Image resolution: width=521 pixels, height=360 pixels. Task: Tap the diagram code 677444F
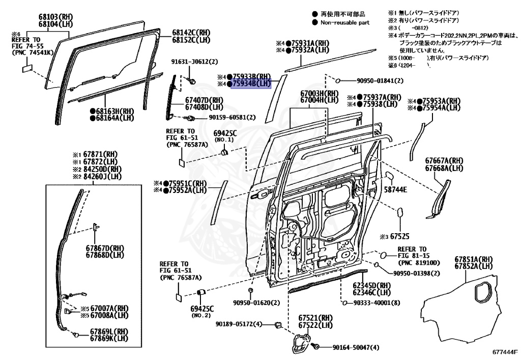point(504,352)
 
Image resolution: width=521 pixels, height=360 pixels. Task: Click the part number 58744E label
point(395,189)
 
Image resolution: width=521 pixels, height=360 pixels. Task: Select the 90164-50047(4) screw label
point(356,347)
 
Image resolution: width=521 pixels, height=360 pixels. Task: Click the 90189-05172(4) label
point(238,324)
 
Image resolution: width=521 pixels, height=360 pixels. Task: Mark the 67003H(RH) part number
point(319,94)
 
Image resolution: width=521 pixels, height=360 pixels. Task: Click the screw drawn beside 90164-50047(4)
point(315,346)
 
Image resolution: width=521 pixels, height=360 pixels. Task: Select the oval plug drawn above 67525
point(399,212)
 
